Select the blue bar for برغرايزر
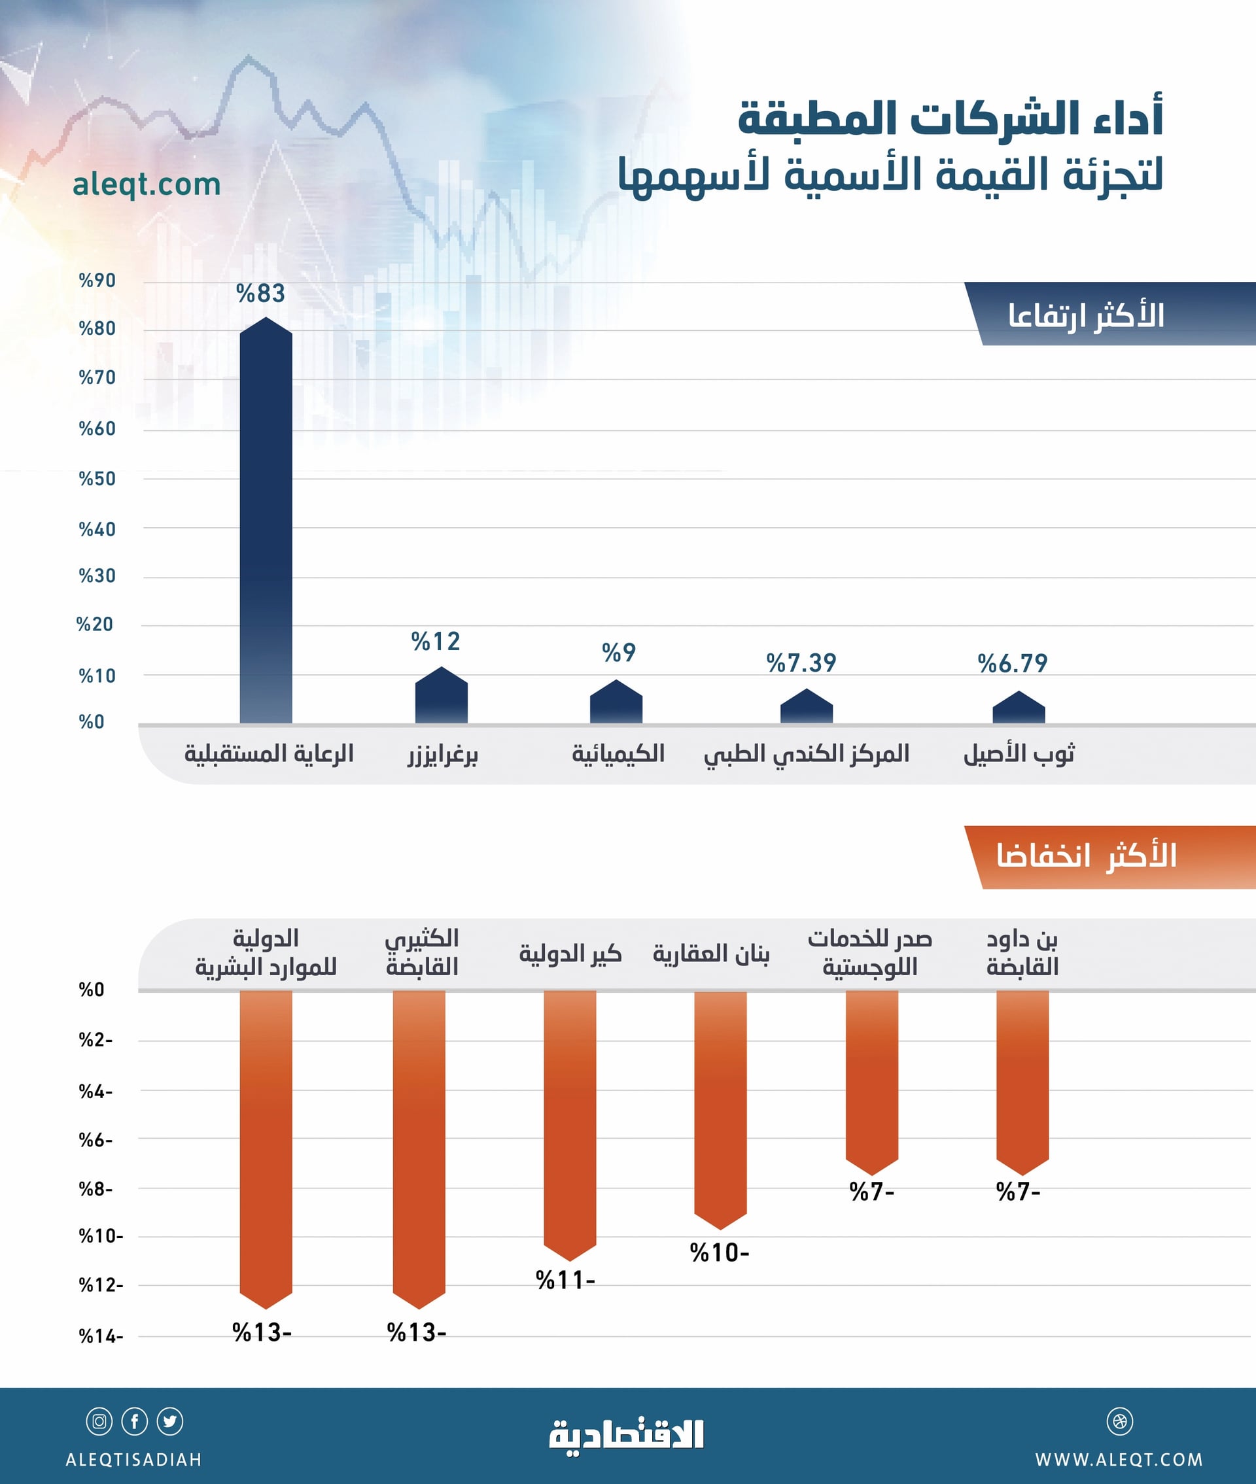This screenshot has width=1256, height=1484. coord(442,697)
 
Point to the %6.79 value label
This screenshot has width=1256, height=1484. coord(1013,663)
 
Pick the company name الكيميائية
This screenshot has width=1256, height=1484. coord(618,753)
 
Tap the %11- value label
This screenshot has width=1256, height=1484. coord(565,1281)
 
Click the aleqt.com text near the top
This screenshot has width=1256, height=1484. coord(147,184)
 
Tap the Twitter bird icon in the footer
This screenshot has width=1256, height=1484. coord(170,1421)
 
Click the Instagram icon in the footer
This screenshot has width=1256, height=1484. coord(99,1421)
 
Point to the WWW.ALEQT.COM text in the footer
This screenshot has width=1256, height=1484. coord(1119,1460)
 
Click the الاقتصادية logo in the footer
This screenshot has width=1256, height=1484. coord(627,1435)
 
